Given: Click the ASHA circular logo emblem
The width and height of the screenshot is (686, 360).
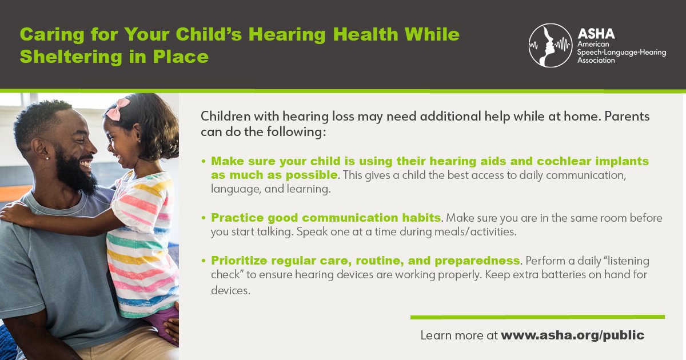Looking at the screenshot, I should pos(550,45).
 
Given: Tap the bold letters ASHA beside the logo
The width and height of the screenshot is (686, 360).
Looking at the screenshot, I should pos(597,34).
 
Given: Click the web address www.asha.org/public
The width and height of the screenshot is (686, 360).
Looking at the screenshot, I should pos(572,335).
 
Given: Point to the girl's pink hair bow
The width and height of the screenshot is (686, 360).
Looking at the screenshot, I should pos(118,109).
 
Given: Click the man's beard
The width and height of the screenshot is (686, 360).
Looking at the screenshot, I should pos(78,174).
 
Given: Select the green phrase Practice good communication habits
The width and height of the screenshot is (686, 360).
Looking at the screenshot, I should pos(326,218).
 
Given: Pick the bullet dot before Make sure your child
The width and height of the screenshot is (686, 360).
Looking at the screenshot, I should pos(203,162).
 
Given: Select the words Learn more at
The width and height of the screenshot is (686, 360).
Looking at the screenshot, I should pos(459,335).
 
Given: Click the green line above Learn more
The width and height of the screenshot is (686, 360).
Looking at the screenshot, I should pos(537,317).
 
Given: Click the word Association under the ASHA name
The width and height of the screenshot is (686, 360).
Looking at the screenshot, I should pos(596,59).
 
